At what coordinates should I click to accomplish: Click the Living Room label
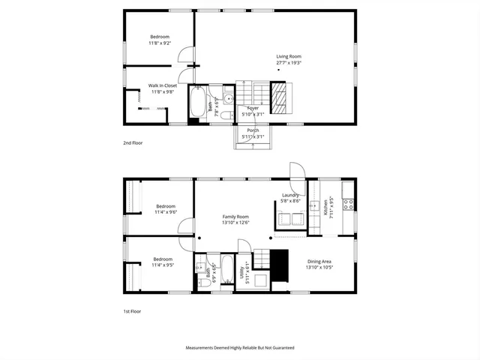click(289, 56)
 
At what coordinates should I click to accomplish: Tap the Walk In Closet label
click(163, 85)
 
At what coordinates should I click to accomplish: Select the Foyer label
click(253, 108)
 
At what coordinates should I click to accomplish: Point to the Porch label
click(253, 130)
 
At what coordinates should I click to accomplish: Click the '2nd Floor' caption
click(133, 142)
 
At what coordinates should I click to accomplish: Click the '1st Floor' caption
click(132, 310)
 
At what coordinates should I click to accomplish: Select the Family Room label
click(235, 216)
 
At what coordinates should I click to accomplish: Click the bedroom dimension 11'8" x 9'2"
click(160, 43)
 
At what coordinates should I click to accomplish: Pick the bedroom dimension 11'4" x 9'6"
click(165, 212)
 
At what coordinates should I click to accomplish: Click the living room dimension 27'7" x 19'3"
click(289, 62)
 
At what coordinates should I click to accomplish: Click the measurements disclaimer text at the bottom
click(240, 348)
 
